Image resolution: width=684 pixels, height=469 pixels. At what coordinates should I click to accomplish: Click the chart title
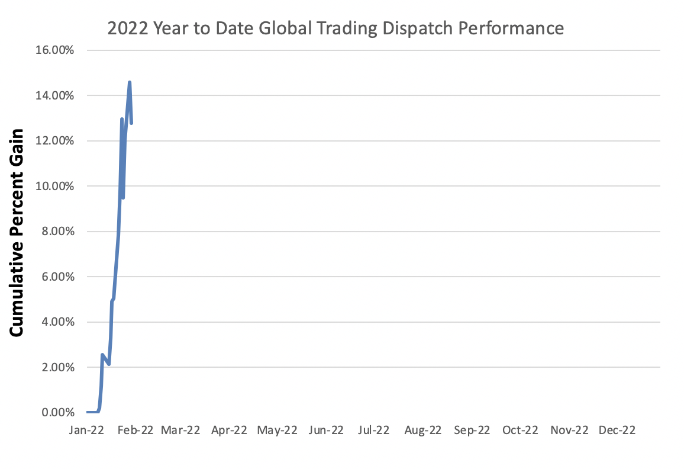[335, 28]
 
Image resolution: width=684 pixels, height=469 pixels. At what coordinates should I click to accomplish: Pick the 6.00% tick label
[57, 277]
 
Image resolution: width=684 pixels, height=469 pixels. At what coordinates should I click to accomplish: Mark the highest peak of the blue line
[130, 82]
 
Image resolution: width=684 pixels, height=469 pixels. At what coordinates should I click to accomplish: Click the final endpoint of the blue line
[131, 123]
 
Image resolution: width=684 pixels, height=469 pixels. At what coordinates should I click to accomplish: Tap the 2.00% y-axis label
[57, 367]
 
